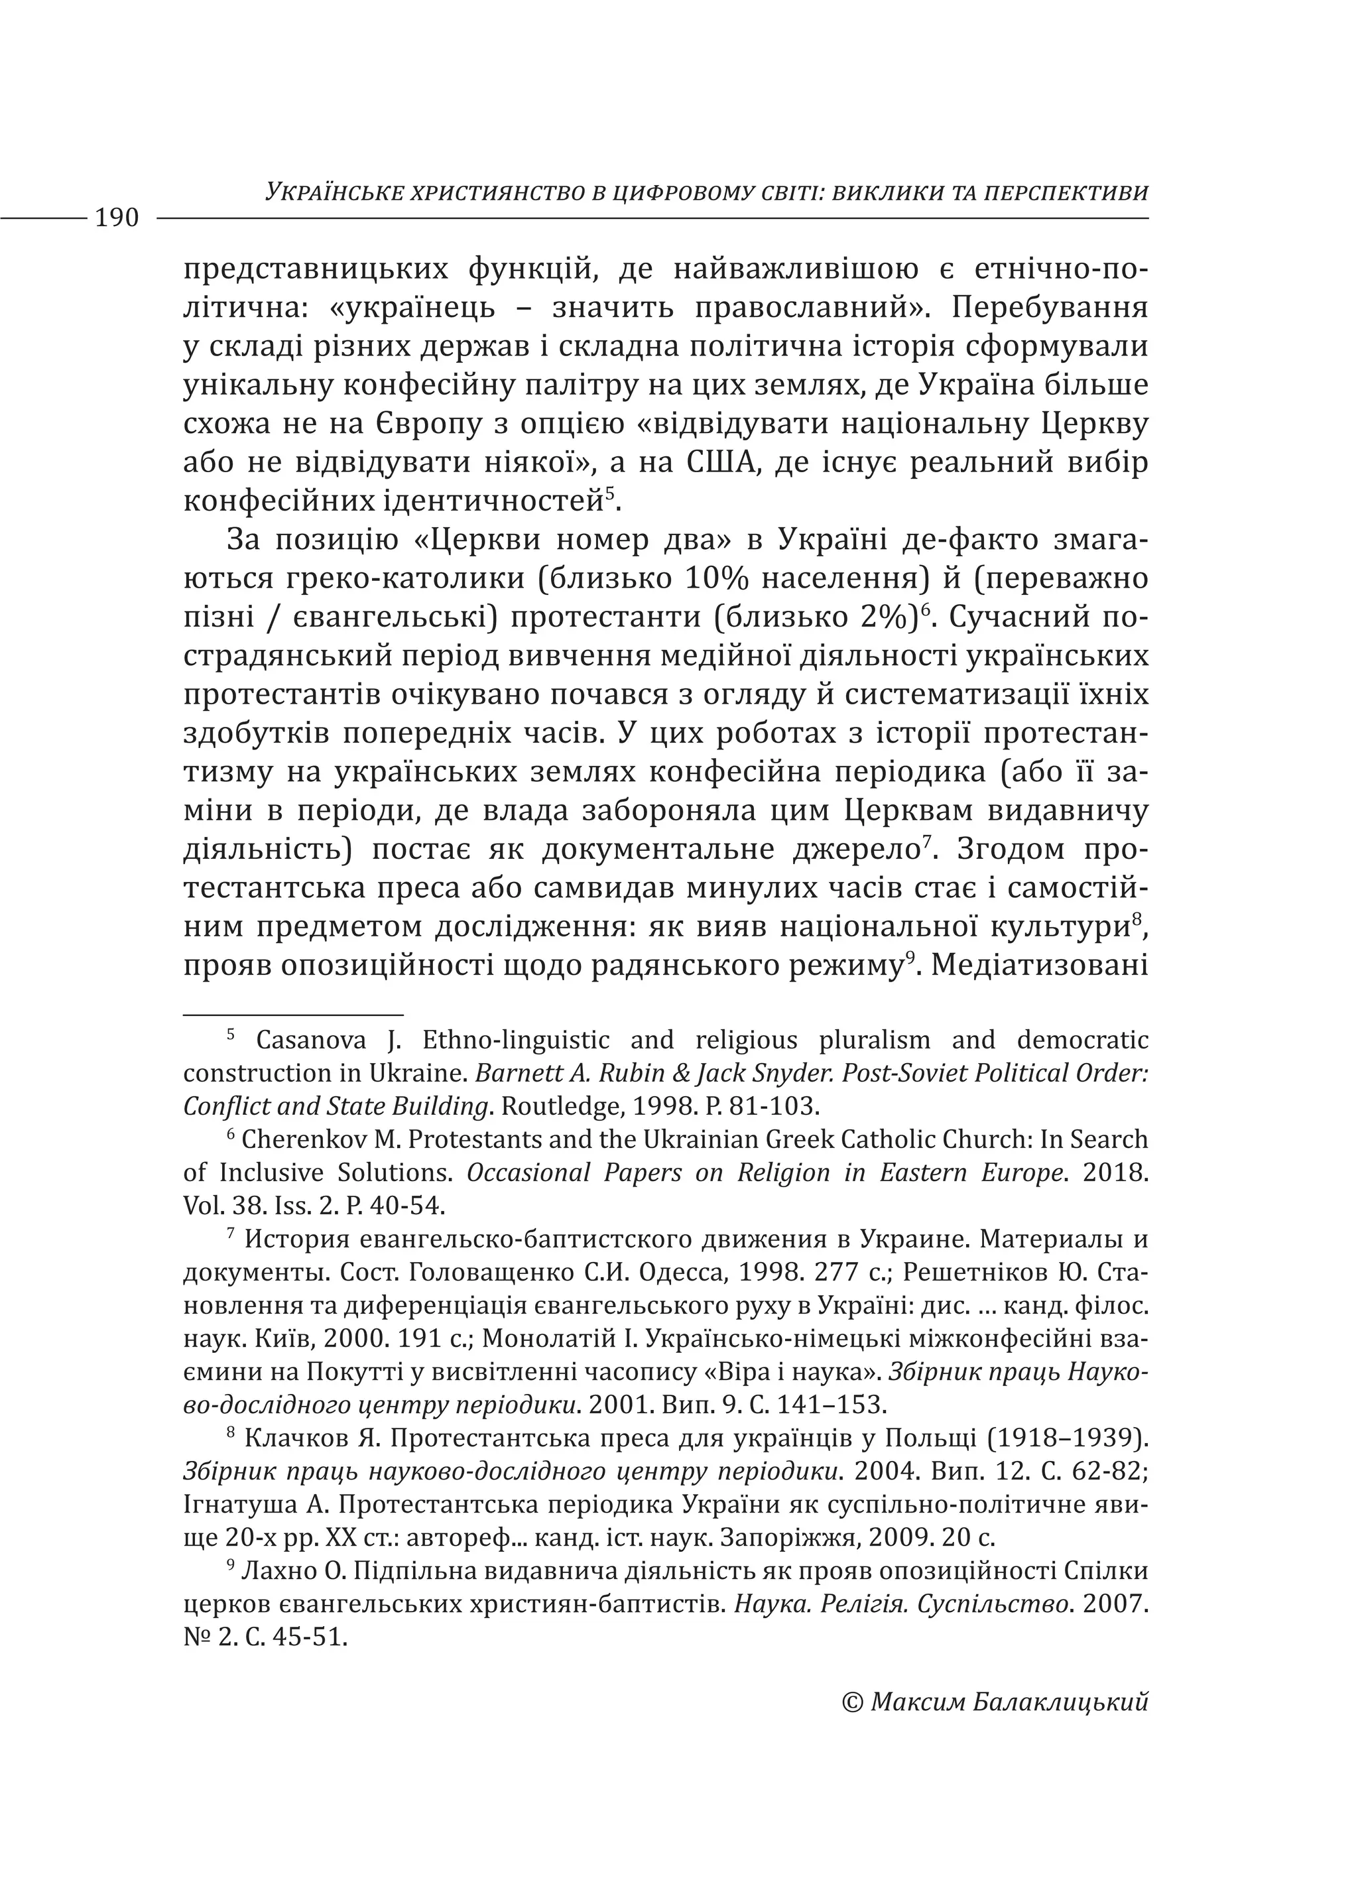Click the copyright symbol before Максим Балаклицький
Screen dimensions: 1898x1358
tap(852, 1702)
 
